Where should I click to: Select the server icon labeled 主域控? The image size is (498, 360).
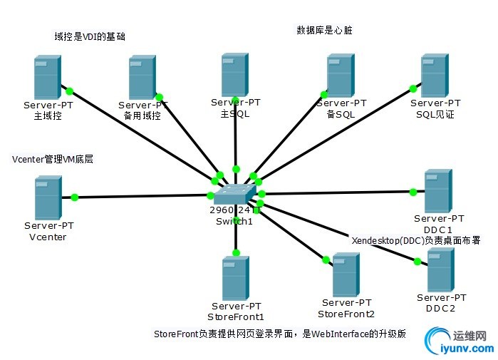point(47,78)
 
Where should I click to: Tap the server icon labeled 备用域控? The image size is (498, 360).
point(142,78)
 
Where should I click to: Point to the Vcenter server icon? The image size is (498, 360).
point(48,198)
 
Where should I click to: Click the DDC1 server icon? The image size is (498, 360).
point(437,190)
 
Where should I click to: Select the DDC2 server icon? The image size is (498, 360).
point(440,269)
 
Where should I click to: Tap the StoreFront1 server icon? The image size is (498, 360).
point(236,278)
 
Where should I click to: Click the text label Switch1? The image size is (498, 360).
point(234,221)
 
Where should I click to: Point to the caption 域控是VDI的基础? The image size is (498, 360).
point(89,36)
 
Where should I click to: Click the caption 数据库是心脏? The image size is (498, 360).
point(324,31)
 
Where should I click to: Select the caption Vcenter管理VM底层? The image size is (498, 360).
point(53,160)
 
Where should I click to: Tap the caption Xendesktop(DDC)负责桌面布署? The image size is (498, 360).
point(416,241)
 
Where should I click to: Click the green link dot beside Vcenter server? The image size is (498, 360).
point(74,197)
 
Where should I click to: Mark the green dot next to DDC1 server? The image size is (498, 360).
point(413,191)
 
